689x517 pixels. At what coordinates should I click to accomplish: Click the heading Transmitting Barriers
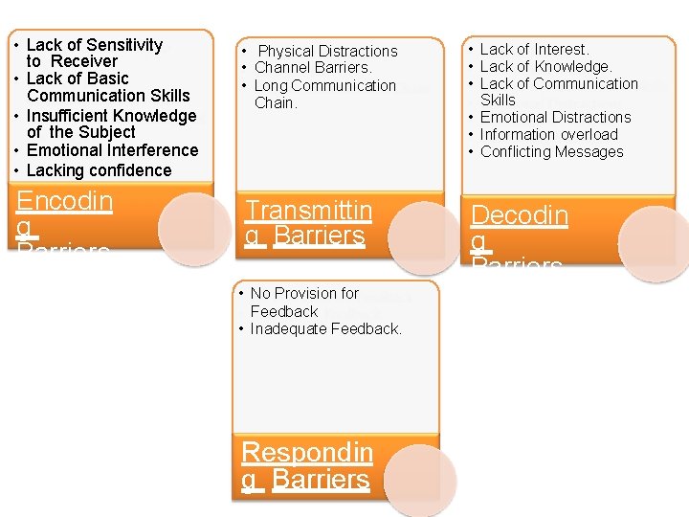tap(307, 223)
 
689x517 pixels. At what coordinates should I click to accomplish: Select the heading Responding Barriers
tap(306, 465)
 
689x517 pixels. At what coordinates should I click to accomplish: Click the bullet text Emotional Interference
tap(112, 150)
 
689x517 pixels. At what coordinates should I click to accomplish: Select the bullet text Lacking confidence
tap(99, 170)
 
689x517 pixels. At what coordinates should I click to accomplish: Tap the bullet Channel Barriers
tap(313, 68)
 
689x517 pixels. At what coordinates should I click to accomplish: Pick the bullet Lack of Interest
tap(534, 49)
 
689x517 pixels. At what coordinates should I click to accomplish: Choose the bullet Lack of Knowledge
tap(545, 66)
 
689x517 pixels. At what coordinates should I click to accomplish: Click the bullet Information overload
tap(548, 134)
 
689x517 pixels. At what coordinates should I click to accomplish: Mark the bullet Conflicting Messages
tap(551, 151)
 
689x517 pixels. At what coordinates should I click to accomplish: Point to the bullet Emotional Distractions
tap(555, 117)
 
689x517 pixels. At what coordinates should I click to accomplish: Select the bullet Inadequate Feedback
tap(325, 328)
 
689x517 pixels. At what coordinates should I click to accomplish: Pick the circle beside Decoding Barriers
tap(656, 243)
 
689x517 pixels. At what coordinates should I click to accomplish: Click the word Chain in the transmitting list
tap(276, 102)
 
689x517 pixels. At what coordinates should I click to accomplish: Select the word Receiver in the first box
tap(84, 61)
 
